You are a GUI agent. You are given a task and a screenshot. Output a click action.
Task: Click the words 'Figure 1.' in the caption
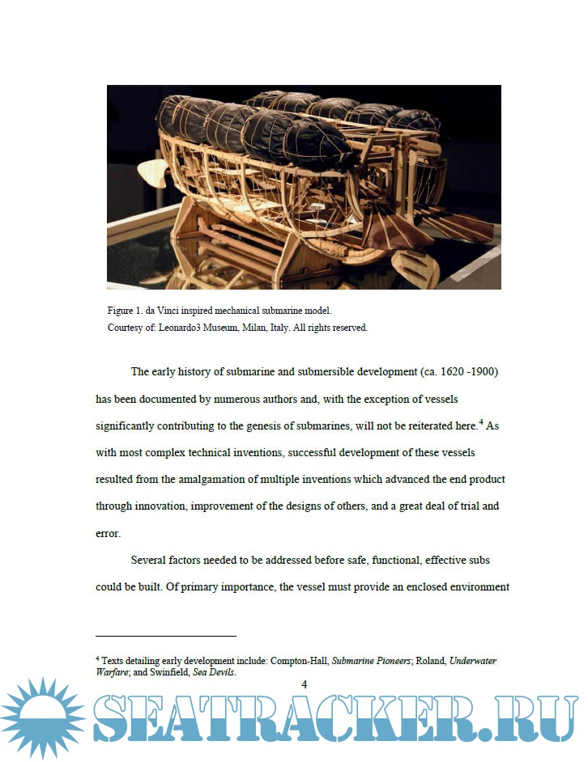click(126, 311)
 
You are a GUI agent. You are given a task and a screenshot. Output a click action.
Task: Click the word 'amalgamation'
click(195, 479)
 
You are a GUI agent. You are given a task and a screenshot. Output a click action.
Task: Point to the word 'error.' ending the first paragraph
click(108, 534)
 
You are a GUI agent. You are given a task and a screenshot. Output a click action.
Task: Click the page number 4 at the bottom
click(304, 685)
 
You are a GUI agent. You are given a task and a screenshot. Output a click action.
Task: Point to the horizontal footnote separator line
click(165, 636)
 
